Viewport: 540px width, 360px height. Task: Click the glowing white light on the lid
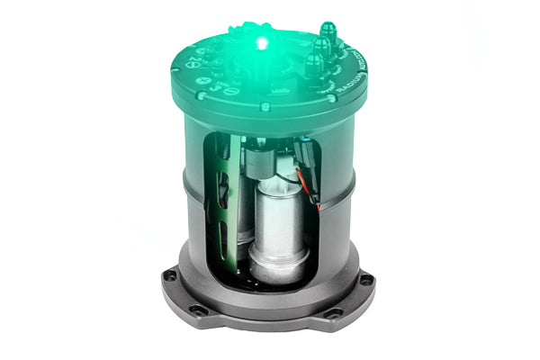tap(261, 42)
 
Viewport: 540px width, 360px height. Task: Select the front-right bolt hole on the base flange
tap(334, 312)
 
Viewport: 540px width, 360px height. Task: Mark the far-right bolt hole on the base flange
tap(365, 280)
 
